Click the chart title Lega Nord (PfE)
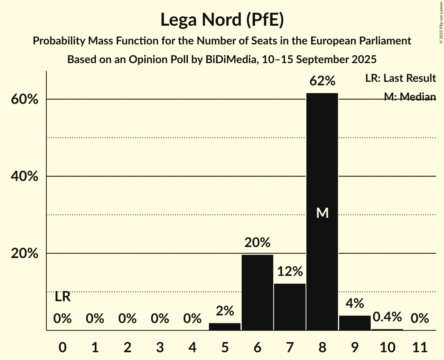[x=222, y=19]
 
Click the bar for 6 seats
[x=257, y=292]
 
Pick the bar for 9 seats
[x=355, y=323]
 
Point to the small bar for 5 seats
[x=225, y=326]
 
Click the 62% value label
[x=322, y=81]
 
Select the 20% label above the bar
[x=257, y=243]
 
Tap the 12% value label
[x=290, y=272]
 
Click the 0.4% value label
[x=387, y=317]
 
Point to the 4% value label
[x=355, y=303]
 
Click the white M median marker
[x=322, y=213]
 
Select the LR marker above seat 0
[x=62, y=297]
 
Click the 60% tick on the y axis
[x=24, y=99]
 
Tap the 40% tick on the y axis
[x=24, y=176]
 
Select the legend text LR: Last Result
[x=400, y=78]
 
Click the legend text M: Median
[x=410, y=97]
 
